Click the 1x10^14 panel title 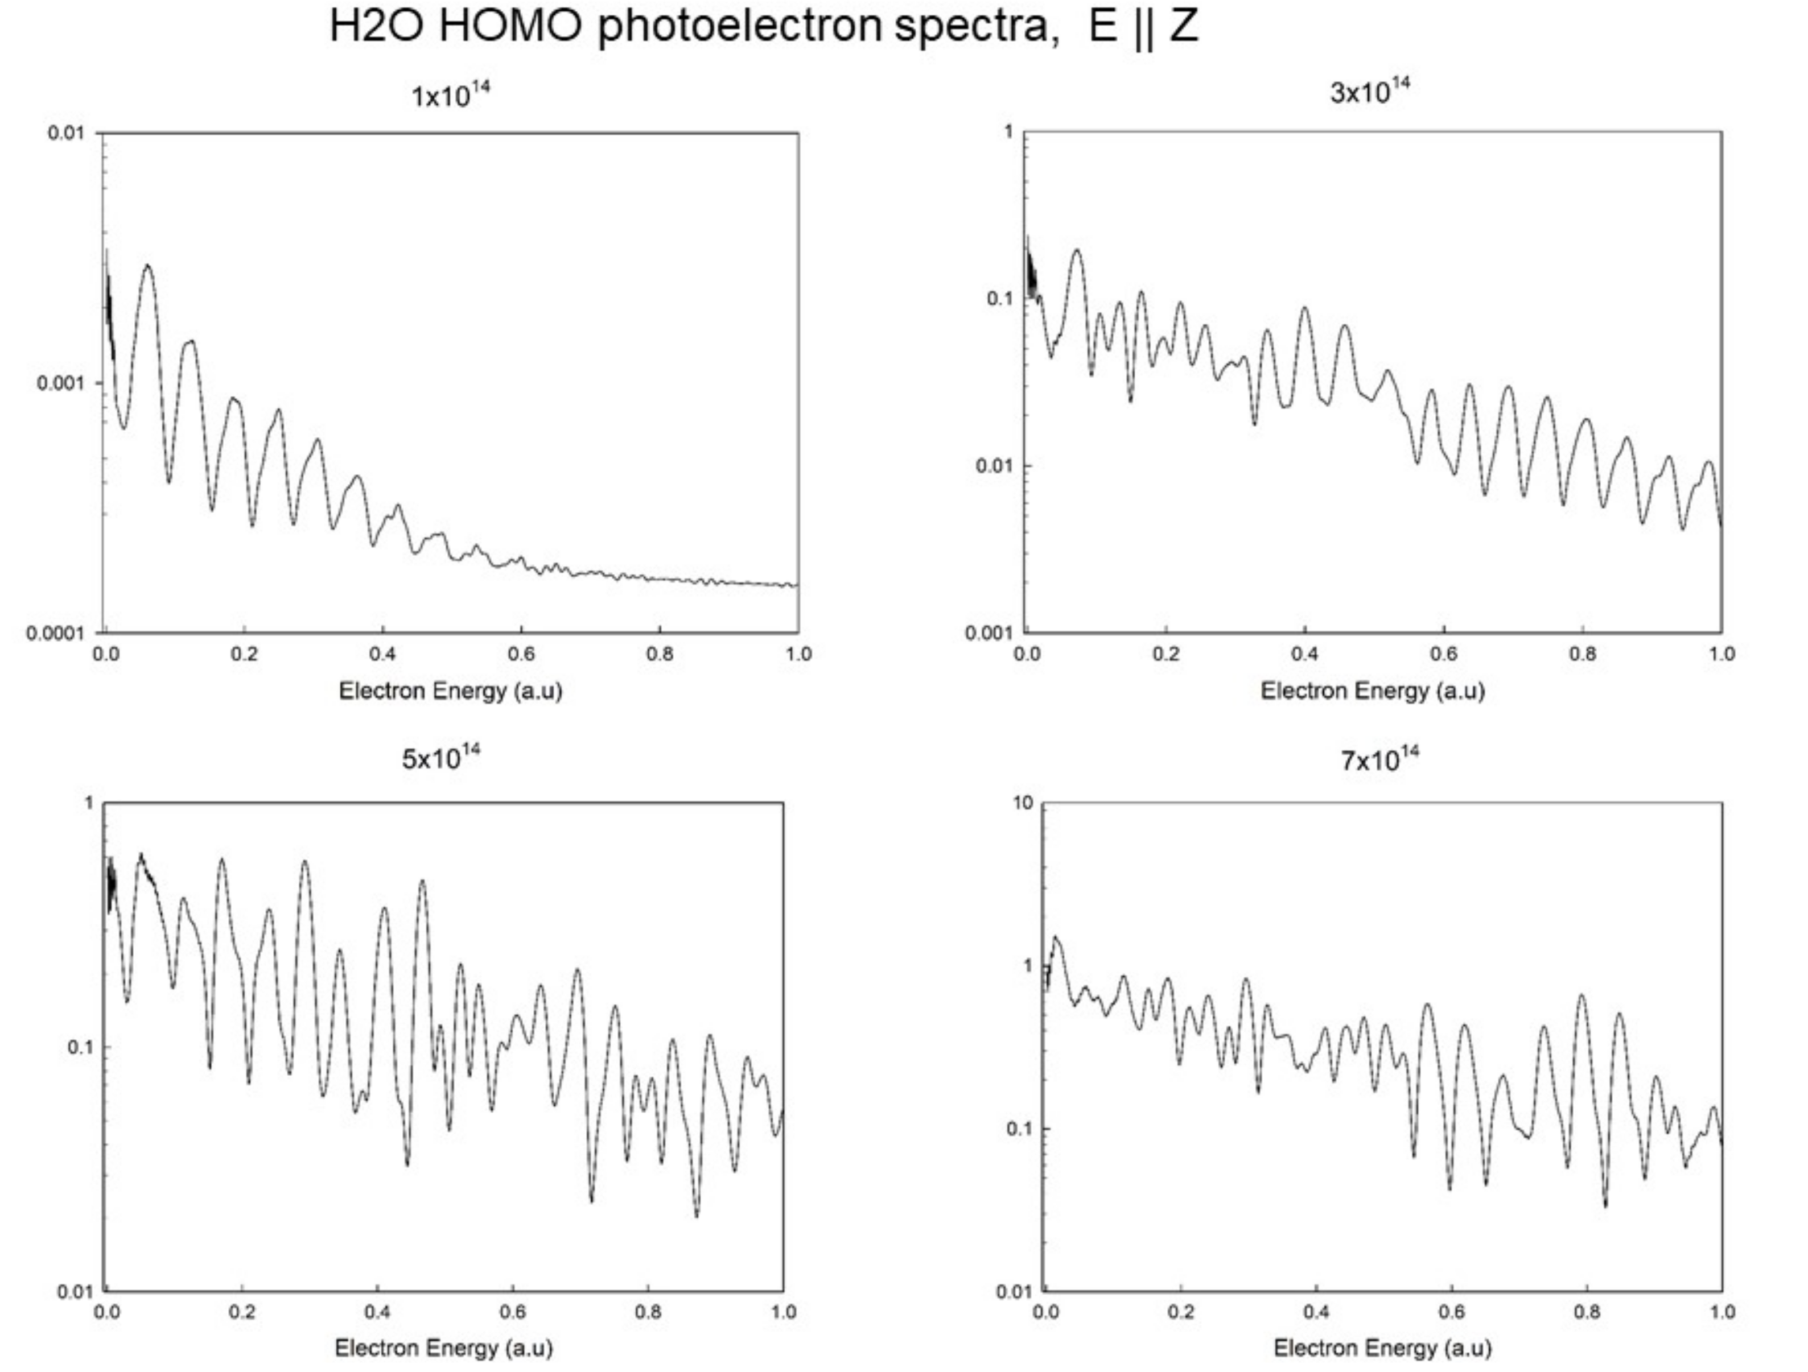(x=450, y=95)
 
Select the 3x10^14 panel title (x=1370, y=92)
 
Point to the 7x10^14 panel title (x=1379, y=759)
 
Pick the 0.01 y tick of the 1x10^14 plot (x=65, y=133)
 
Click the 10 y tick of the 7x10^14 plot (x=1023, y=803)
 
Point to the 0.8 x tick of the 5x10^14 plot (x=648, y=1312)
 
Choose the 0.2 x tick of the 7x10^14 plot (x=1180, y=1312)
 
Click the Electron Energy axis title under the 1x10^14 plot (x=450, y=691)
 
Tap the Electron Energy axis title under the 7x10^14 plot (x=1382, y=1348)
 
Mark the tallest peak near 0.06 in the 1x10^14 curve (x=147, y=266)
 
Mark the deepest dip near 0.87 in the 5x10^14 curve (x=697, y=1216)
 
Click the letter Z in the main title (x=1184, y=26)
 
